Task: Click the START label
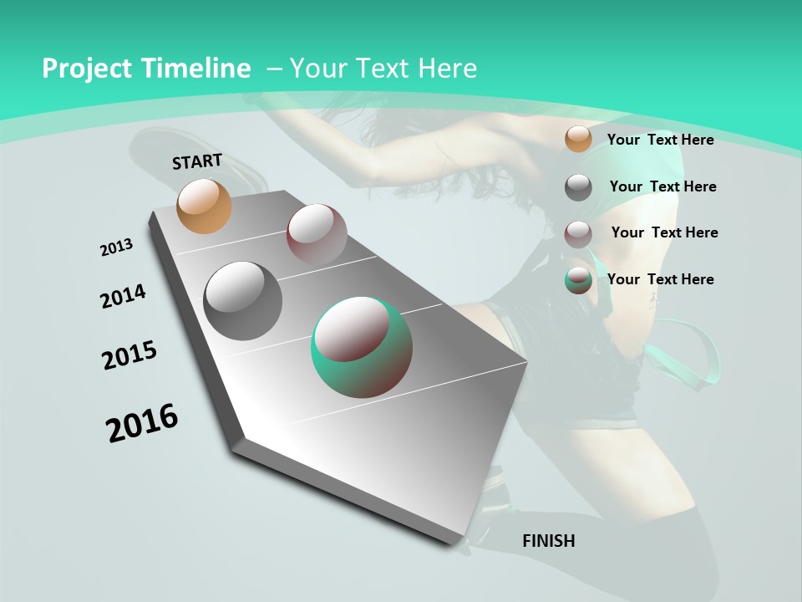197,161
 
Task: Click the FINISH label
549,541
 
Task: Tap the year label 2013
117,247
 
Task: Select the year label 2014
124,296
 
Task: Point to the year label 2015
129,355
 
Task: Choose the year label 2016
142,423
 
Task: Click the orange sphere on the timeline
205,206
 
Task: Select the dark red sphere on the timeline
317,233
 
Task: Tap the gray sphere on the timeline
242,300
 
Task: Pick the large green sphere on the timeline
361,347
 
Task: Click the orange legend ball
578,139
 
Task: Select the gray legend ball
578,186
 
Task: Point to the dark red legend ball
578,233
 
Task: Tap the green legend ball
578,280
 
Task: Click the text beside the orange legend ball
660,140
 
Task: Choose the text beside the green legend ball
660,279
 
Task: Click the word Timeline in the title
196,69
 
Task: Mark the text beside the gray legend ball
662,186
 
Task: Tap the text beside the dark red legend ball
664,232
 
